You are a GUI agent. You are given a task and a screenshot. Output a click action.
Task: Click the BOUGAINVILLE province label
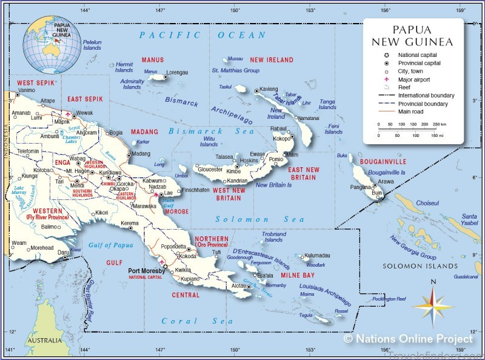pos(383,162)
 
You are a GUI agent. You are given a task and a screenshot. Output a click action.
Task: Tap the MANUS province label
pos(152,60)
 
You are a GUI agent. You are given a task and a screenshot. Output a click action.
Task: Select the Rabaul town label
pos(278,128)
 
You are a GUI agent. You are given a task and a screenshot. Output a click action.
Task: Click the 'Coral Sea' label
pos(189,321)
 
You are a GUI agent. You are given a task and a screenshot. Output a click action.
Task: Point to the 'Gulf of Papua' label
pos(110,245)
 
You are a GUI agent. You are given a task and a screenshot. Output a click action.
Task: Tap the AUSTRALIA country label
pos(44,340)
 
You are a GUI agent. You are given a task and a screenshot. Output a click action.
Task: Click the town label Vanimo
pos(27,90)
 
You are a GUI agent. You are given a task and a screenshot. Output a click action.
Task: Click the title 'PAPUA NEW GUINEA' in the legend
pos(413,36)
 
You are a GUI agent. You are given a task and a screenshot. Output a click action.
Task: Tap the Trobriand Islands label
pos(273,236)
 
